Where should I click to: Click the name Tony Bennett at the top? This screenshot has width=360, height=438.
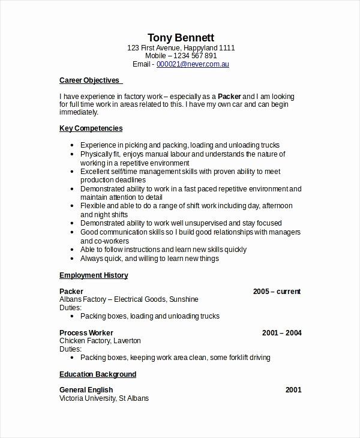tap(181, 37)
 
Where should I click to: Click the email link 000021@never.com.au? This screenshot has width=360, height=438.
tap(193, 64)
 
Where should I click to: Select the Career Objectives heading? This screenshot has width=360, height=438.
tap(90, 80)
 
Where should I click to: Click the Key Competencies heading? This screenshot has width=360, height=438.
tap(91, 128)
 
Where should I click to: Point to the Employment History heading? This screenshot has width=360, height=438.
tap(93, 275)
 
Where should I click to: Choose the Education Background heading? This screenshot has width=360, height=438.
tap(98, 374)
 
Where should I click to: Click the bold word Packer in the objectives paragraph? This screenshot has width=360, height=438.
tap(229, 96)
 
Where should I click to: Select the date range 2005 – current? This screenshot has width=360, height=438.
tap(277, 292)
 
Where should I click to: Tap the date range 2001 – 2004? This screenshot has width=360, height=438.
tap(281, 332)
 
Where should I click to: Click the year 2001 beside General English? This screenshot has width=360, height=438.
tap(293, 390)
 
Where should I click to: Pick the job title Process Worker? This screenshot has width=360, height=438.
tap(86, 332)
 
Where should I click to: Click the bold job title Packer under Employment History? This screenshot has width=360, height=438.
tap(71, 292)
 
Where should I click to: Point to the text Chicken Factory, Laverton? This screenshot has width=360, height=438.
tap(100, 341)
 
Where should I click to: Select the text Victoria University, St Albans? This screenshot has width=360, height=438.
tap(104, 398)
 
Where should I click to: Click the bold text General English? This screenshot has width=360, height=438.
tap(86, 390)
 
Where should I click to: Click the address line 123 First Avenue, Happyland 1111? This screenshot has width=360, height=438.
tap(181, 47)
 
